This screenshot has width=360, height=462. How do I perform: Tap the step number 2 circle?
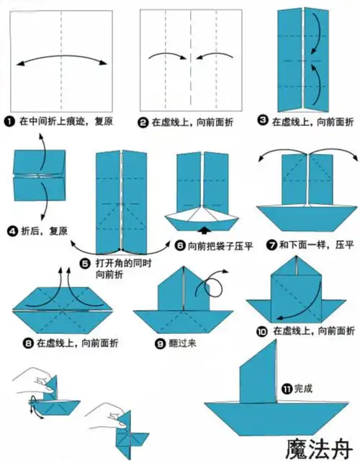tap(143, 122)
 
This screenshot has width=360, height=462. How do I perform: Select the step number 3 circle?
tap(264, 122)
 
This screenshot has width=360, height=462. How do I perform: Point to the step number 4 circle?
tap(12, 232)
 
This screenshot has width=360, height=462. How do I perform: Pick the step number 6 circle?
tap(179, 245)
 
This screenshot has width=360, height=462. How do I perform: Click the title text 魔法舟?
tap(315, 445)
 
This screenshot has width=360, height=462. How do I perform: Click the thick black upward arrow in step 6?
tap(208, 230)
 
